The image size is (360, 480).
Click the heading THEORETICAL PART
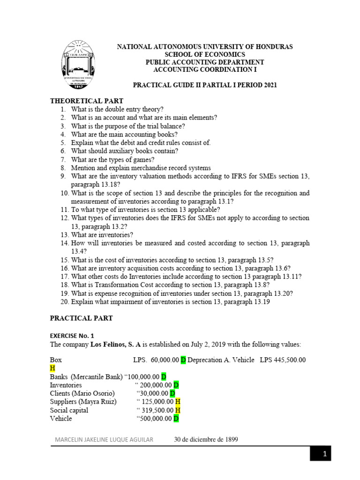pos(87,101)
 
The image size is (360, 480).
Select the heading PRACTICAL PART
pos(81,318)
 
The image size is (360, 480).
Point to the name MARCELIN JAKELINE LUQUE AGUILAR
pos(106,440)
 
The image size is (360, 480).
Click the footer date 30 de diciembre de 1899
pos(206,440)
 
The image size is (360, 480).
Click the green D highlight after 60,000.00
pos(183,360)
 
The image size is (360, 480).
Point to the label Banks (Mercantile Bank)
pos(86,376)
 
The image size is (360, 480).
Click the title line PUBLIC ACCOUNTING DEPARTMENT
pos(205,62)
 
